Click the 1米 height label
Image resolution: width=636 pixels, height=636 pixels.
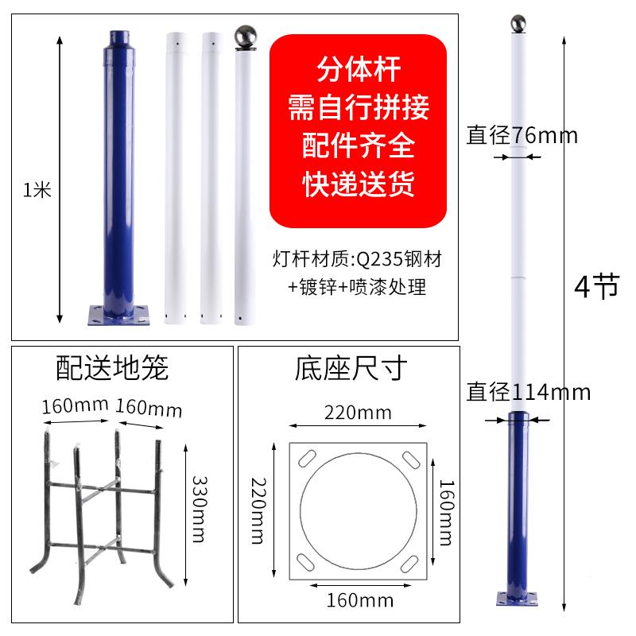tap(37, 190)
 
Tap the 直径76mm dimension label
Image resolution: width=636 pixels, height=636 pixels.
tap(522, 134)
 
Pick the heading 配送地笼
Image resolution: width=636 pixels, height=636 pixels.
tap(113, 367)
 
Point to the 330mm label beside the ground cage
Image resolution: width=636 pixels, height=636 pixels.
tap(201, 509)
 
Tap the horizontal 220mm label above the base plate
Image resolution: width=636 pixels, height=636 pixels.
tap(358, 413)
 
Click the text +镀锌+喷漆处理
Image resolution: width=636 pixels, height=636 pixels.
tap(357, 286)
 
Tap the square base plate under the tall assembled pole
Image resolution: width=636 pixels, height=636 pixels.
tap(518, 598)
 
